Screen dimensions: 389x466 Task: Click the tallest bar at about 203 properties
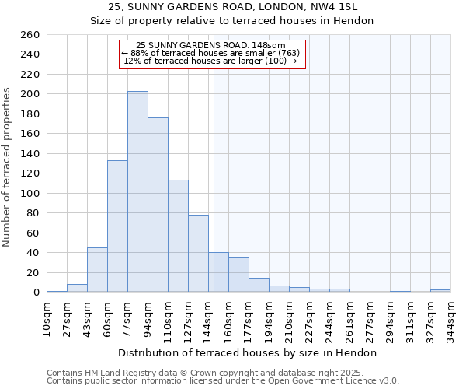coord(137,191)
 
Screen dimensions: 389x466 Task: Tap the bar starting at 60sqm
coord(117,226)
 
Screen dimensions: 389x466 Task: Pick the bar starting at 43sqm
coord(97,269)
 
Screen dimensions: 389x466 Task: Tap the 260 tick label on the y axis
coord(30,35)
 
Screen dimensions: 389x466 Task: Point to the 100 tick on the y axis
coord(30,193)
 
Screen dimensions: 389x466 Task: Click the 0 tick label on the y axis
coord(36,293)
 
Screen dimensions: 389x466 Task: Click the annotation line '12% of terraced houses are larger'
coord(210,61)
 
